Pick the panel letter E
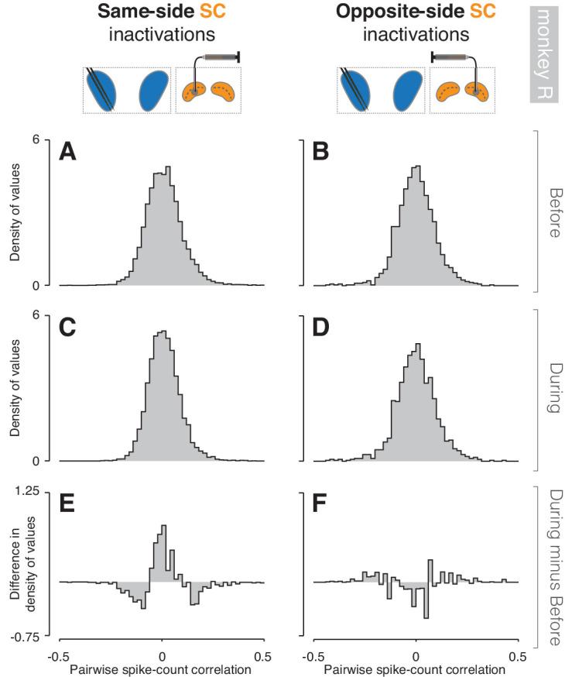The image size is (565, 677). click(x=70, y=504)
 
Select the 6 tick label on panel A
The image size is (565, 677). click(x=47, y=139)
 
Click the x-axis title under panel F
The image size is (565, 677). click(x=416, y=667)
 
